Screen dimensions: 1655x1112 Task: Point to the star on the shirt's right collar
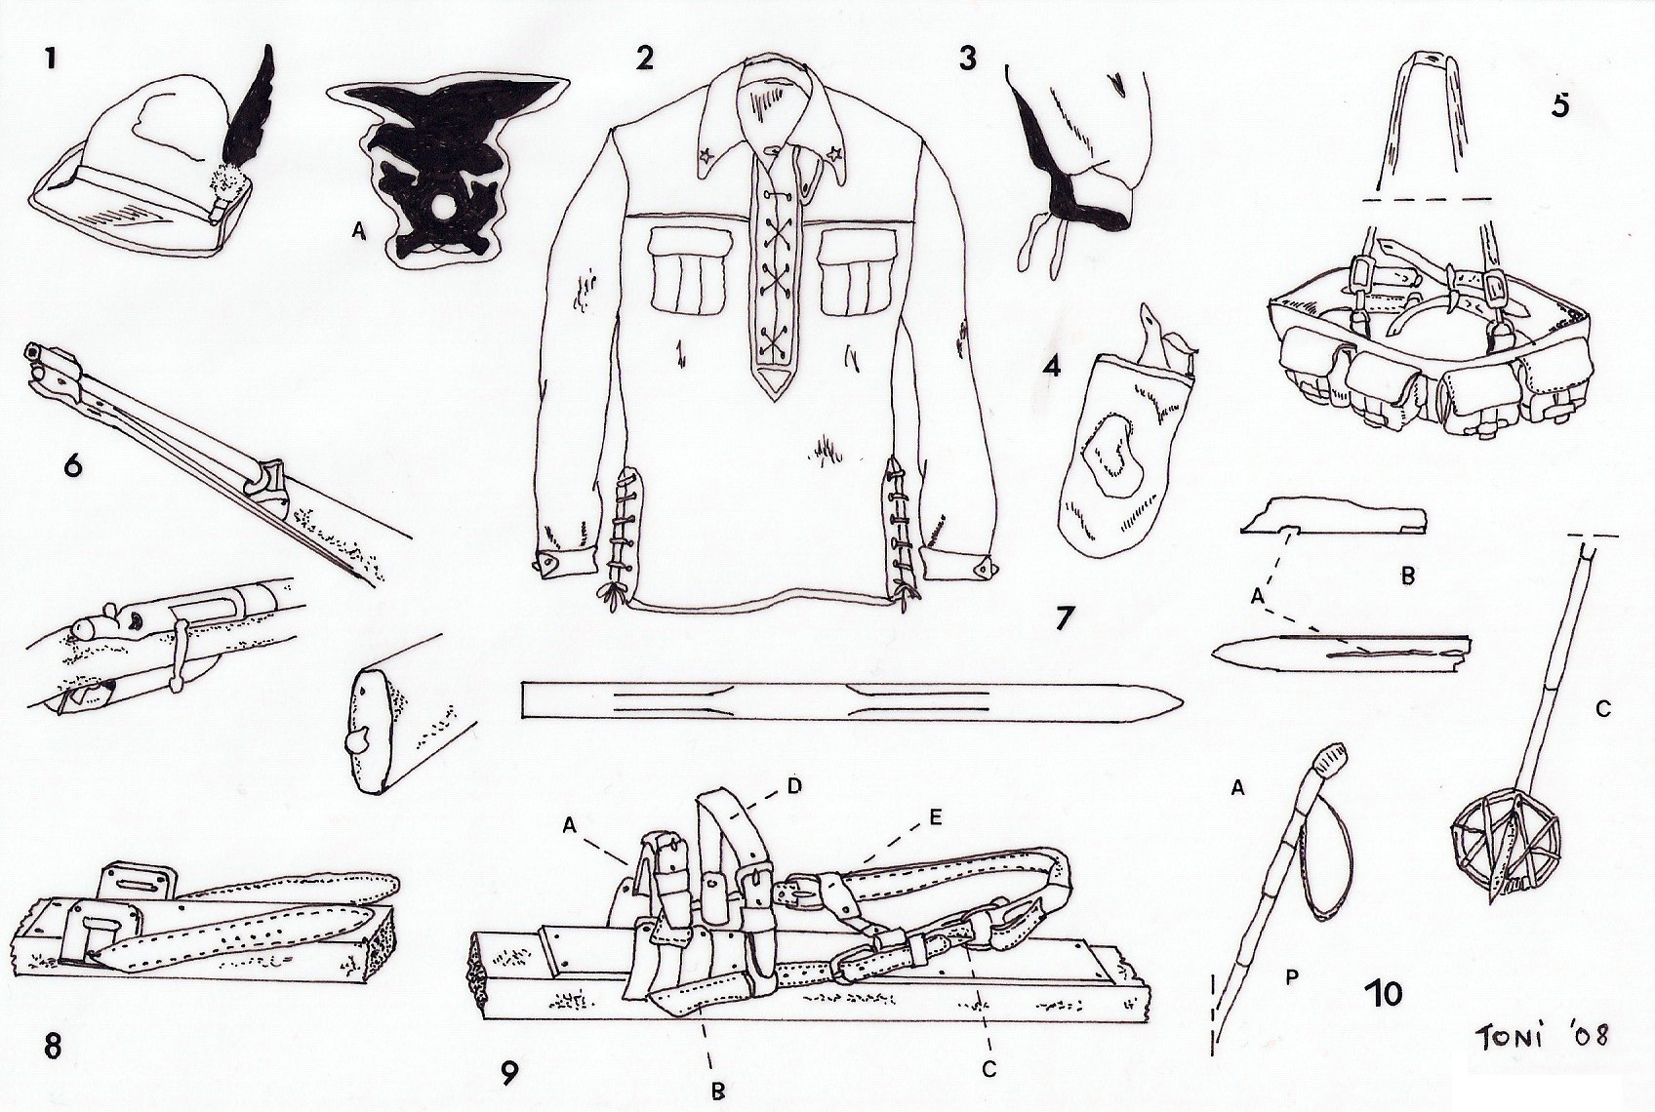tap(835, 155)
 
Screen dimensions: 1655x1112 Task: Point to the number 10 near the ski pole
tap(1383, 993)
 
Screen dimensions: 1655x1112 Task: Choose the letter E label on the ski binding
tap(934, 818)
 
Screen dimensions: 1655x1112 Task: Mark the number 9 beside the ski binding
tap(509, 1073)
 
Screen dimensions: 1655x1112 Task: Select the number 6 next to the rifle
tap(73, 467)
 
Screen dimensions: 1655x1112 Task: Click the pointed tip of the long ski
tap(1182, 700)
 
